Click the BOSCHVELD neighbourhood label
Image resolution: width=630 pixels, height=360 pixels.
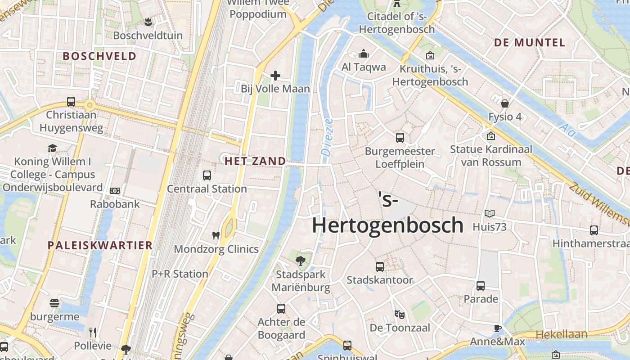click(99, 56)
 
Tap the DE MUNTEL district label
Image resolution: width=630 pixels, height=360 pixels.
click(530, 43)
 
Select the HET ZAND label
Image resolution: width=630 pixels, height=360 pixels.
click(255, 161)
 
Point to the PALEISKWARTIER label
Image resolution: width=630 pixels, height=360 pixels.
click(100, 245)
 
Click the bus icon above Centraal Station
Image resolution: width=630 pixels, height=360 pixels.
click(207, 175)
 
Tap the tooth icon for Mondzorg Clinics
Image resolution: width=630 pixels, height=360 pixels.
click(216, 235)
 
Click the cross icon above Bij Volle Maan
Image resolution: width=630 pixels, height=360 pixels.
click(275, 76)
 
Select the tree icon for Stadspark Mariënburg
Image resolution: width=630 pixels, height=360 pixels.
click(300, 261)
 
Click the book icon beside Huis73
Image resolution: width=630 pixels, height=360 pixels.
click(489, 214)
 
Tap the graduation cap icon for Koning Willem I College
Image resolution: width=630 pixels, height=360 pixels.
click(53, 148)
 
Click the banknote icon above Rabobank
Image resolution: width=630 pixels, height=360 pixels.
click(115, 191)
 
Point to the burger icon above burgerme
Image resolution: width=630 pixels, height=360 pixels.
click(54, 303)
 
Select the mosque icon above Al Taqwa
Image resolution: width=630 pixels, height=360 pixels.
click(364, 54)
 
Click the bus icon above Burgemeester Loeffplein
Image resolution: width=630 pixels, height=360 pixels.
click(400, 138)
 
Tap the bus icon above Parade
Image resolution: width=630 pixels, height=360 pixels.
click(481, 285)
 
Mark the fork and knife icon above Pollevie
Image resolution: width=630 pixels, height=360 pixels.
click(93, 332)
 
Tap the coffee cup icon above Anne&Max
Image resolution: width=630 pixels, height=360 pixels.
click(497, 328)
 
